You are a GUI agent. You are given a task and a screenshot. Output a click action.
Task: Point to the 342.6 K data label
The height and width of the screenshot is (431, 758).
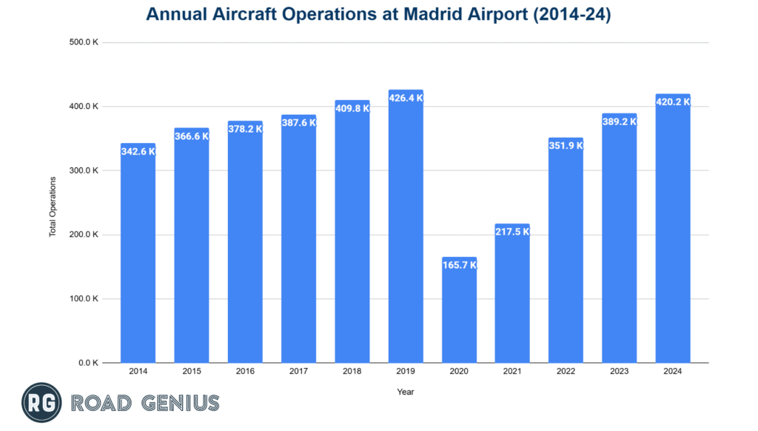coord(138,151)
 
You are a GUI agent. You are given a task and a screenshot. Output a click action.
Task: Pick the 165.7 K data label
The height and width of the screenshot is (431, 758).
coord(459,265)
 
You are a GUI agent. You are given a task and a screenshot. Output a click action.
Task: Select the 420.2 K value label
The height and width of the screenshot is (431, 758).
coord(673,102)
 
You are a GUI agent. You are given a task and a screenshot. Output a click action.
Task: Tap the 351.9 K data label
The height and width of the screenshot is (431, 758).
coord(566,146)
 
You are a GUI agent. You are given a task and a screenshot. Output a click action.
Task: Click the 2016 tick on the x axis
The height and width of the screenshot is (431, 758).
coord(245,371)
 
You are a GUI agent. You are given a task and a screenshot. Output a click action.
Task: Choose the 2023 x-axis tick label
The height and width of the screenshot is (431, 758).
coord(620,371)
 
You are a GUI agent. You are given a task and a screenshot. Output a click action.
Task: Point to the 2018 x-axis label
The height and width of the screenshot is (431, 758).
coord(352,371)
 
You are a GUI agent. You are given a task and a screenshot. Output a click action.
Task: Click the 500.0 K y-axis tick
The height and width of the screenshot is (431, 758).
coord(84,42)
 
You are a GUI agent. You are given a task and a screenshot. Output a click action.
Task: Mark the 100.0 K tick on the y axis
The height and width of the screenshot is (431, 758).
coord(84,299)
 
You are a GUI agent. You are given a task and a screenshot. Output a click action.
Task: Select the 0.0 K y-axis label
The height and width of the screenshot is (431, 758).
coord(88,363)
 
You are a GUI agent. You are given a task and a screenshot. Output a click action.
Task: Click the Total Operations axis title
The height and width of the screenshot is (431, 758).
coord(53,207)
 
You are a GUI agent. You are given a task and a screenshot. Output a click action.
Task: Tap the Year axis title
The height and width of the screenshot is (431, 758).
coord(406,391)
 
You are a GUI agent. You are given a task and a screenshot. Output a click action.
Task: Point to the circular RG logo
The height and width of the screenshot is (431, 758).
coord(41,404)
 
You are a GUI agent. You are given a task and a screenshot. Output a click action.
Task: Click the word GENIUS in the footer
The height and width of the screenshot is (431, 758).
coord(181,404)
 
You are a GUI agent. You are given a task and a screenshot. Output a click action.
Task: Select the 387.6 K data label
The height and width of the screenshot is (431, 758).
coord(298,123)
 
